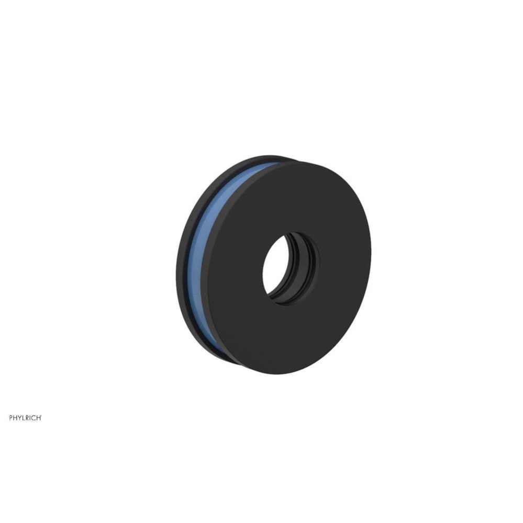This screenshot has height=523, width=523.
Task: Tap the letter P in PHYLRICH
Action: tap(11, 418)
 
